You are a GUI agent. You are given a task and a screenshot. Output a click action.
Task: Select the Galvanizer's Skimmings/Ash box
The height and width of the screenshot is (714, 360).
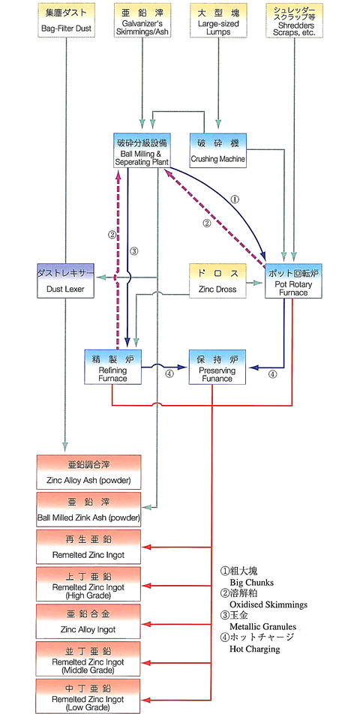coord(143,20)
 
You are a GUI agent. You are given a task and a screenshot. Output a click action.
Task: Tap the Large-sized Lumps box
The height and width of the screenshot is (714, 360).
coord(217,20)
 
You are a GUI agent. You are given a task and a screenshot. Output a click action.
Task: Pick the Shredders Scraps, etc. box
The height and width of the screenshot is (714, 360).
coord(295,20)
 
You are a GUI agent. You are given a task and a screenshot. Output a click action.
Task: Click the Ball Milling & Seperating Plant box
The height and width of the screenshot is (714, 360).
coord(142,150)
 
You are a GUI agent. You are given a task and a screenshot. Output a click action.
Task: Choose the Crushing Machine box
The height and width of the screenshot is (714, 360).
coord(217,150)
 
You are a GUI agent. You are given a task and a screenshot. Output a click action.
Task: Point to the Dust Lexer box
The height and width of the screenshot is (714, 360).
coord(65,281)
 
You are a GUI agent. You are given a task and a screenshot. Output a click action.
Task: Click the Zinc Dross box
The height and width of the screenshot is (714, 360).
coord(217,281)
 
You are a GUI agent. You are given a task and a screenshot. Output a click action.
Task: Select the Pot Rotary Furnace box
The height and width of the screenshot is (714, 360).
coord(293,281)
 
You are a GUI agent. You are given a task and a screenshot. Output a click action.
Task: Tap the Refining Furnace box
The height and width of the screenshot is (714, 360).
coord(112,367)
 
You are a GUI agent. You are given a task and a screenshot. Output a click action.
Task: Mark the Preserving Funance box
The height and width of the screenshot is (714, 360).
coord(217,367)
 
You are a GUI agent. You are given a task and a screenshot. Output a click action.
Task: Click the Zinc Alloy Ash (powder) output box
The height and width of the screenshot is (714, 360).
coord(88,472)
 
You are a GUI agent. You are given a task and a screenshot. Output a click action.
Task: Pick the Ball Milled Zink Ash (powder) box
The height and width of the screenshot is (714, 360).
coord(88,509)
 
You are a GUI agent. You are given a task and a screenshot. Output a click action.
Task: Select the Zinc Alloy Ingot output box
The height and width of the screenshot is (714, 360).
coord(88,622)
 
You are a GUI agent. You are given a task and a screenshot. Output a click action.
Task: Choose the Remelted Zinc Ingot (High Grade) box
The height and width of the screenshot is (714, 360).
coord(88,584)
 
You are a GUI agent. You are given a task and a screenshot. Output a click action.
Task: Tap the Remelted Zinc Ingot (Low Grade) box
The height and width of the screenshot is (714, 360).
coord(88,696)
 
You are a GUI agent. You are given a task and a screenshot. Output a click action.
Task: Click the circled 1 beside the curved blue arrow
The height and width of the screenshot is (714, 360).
coord(235,199)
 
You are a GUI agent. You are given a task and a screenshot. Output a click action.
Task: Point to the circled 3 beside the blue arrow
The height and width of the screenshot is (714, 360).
coord(133,250)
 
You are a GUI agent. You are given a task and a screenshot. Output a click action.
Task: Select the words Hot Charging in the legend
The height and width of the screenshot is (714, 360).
coord(254,649)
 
